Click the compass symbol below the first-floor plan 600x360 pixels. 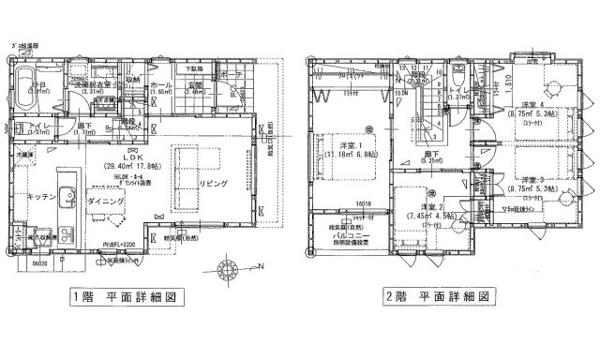coord(224,264)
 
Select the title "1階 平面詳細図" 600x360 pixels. coord(122,299)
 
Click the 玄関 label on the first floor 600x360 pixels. coord(195,85)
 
